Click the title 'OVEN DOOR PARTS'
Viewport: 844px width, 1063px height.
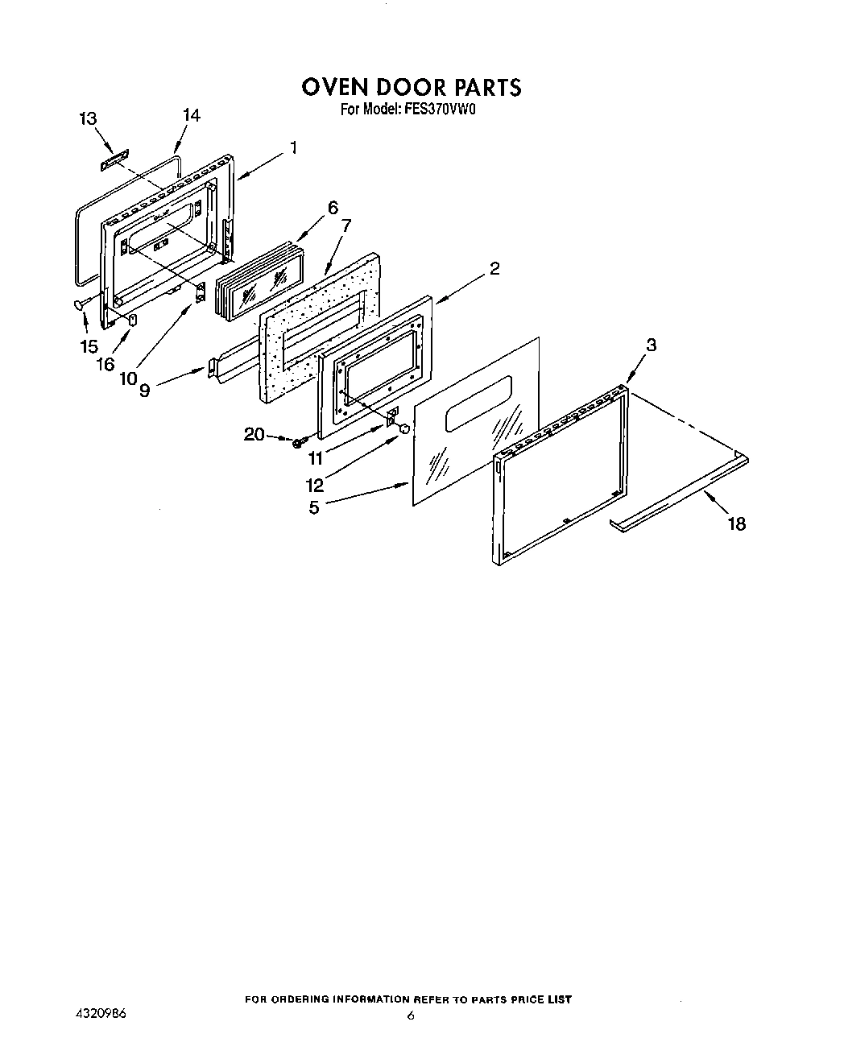click(x=412, y=86)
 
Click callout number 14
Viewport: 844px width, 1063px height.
click(x=191, y=115)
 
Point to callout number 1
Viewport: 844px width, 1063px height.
click(x=294, y=148)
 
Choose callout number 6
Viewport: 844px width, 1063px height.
click(x=333, y=207)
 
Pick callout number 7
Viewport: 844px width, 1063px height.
click(x=345, y=225)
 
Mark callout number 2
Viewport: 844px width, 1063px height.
click(x=494, y=269)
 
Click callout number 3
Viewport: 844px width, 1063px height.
click(x=651, y=345)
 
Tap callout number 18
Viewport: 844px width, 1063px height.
click(x=736, y=524)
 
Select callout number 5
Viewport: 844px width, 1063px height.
click(x=314, y=507)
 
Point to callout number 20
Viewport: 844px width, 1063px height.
click(x=254, y=435)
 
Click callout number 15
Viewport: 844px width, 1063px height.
click(x=89, y=346)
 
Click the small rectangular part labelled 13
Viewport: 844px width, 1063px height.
click(x=112, y=161)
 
